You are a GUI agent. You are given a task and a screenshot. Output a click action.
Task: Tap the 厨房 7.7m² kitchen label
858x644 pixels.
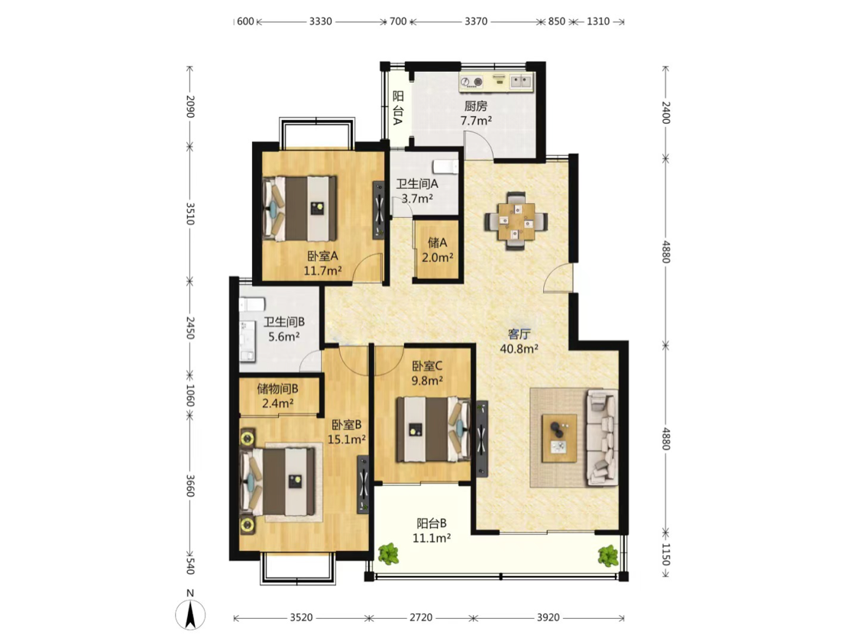pyautogui.click(x=475, y=113)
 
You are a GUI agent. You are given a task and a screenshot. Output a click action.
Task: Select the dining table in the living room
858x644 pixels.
pyautogui.click(x=515, y=221)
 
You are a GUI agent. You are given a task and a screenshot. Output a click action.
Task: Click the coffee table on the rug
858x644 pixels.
pyautogui.click(x=559, y=439)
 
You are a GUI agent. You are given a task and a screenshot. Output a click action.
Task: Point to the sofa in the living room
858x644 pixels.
pyautogui.click(x=603, y=437)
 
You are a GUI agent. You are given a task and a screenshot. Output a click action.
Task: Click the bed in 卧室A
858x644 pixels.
pyautogui.click(x=299, y=209)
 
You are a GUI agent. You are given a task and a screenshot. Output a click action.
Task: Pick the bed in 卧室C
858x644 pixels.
pyautogui.click(x=433, y=429)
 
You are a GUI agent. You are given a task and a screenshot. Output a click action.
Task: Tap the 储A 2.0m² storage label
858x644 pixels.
pyautogui.click(x=437, y=250)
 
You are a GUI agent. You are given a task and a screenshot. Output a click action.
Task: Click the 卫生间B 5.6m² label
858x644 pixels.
pyautogui.click(x=284, y=329)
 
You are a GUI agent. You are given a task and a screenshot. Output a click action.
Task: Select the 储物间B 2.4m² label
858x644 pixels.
pyautogui.click(x=277, y=396)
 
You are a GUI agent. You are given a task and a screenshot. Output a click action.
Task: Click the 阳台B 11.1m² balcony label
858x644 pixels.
pyautogui.click(x=432, y=531)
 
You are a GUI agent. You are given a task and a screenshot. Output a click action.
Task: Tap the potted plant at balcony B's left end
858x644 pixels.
pyautogui.click(x=388, y=554)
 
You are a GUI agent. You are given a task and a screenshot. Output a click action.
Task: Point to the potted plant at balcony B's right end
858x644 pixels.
pyautogui.click(x=608, y=556)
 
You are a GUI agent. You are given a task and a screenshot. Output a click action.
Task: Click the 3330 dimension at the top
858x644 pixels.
pyautogui.click(x=321, y=21)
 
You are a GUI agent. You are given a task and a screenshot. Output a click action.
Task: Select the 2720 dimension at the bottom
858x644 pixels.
pyautogui.click(x=421, y=618)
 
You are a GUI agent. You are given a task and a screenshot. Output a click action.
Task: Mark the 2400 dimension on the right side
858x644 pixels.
pyautogui.click(x=666, y=112)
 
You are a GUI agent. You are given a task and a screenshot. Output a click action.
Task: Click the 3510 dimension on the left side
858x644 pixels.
pyautogui.click(x=190, y=213)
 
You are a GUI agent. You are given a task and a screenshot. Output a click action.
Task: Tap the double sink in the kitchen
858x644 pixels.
pyautogui.click(x=520, y=82)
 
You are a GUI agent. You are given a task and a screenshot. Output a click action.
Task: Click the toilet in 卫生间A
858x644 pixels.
pyautogui.click(x=445, y=165)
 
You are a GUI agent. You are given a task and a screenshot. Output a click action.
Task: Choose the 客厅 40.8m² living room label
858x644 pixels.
pyautogui.click(x=519, y=341)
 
